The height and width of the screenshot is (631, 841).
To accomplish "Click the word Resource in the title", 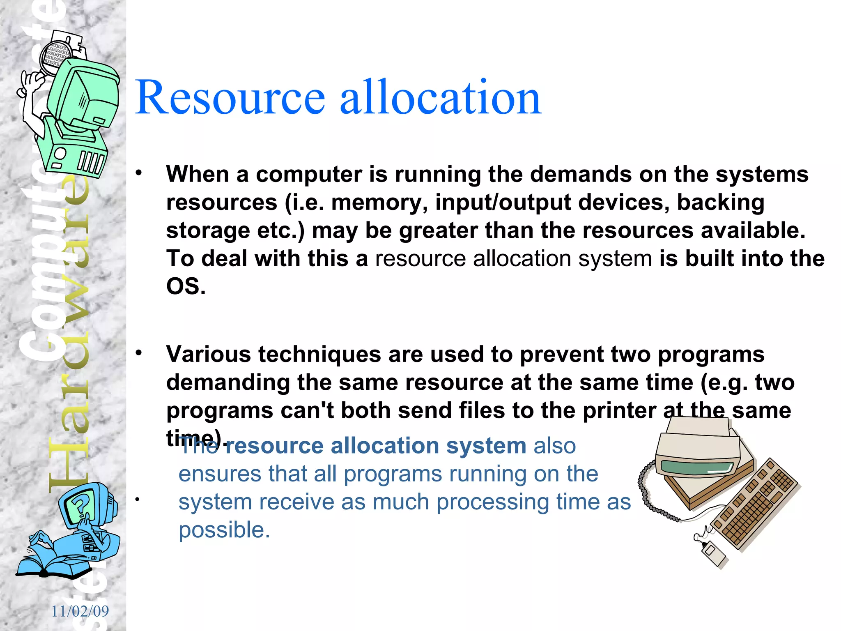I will click(230, 98).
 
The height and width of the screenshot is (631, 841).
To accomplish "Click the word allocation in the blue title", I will click(440, 98).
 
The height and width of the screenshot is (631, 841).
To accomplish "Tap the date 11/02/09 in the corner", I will click(80, 611).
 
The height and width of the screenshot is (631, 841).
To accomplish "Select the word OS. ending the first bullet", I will click(186, 286).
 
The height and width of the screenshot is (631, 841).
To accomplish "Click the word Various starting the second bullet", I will click(208, 354).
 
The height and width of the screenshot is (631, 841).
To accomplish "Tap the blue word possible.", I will click(224, 530).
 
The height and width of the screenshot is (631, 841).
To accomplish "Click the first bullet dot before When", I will click(139, 173).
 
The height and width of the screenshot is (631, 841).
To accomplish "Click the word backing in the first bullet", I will click(720, 203).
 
